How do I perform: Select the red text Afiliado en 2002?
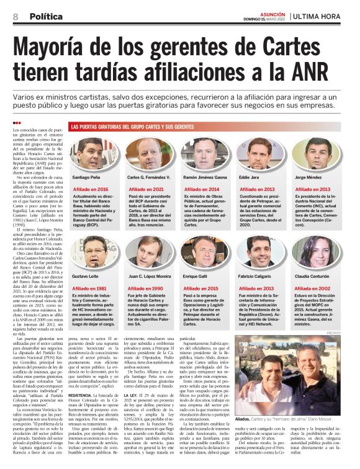click(312, 288)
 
